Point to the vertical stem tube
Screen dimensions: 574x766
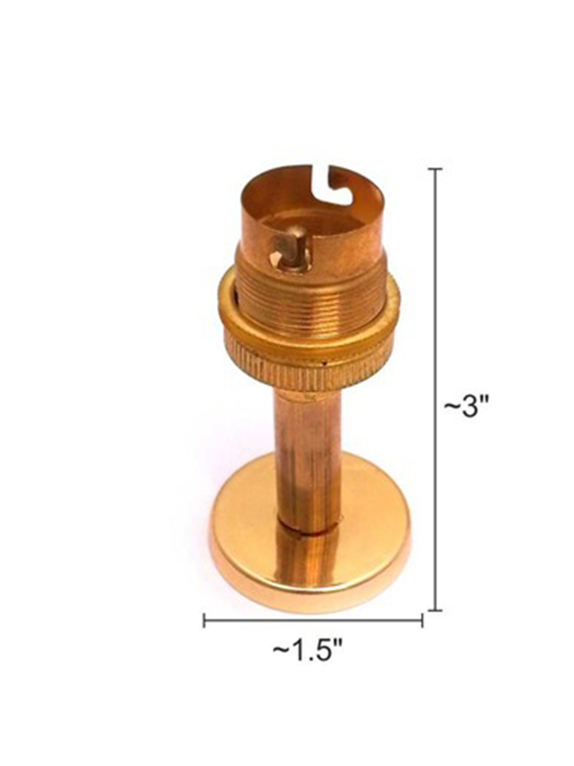(x=307, y=464)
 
